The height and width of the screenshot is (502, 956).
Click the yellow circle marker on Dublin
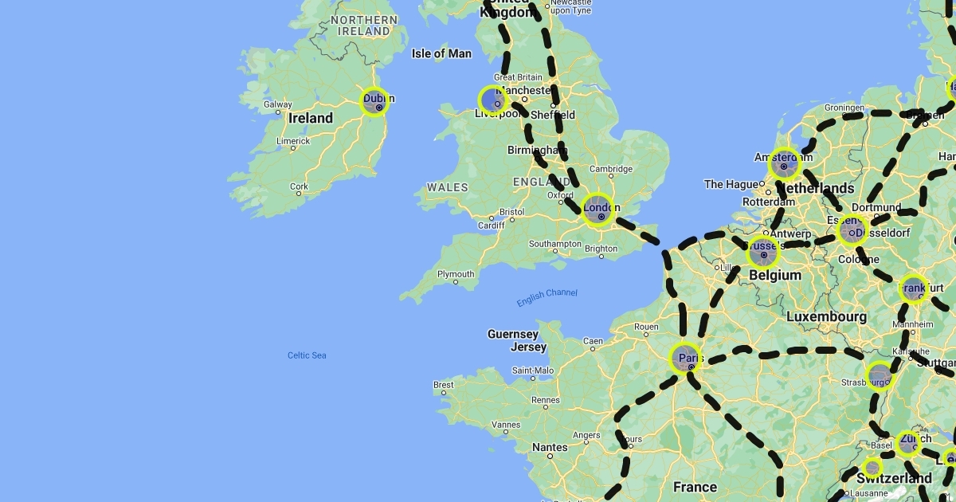pos(374,102)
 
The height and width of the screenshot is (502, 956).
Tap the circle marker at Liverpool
pos(492,100)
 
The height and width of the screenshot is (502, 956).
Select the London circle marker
pos(598,210)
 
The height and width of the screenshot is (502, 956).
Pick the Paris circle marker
pos(686,359)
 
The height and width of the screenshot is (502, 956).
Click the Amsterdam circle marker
pos(785,164)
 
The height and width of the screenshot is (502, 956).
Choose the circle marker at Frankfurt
pos(914,289)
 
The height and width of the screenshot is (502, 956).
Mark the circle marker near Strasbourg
pos(880,375)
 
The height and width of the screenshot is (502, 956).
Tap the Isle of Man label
pos(441,53)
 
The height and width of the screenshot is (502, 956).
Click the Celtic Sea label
pos(307,355)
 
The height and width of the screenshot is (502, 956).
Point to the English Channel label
pos(547,298)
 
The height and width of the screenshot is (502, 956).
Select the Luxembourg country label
pos(826,316)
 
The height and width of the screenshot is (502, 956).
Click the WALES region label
pos(448,187)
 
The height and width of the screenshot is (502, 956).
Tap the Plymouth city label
pos(456,274)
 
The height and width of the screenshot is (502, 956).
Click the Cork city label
pos(299,186)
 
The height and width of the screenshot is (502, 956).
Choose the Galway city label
pos(278,104)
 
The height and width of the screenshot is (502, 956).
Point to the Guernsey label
pos(513,334)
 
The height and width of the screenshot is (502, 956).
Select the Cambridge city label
pos(611,168)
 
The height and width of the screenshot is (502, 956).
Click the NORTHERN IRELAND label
pos(364,25)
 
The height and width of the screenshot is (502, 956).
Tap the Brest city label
pos(444,385)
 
